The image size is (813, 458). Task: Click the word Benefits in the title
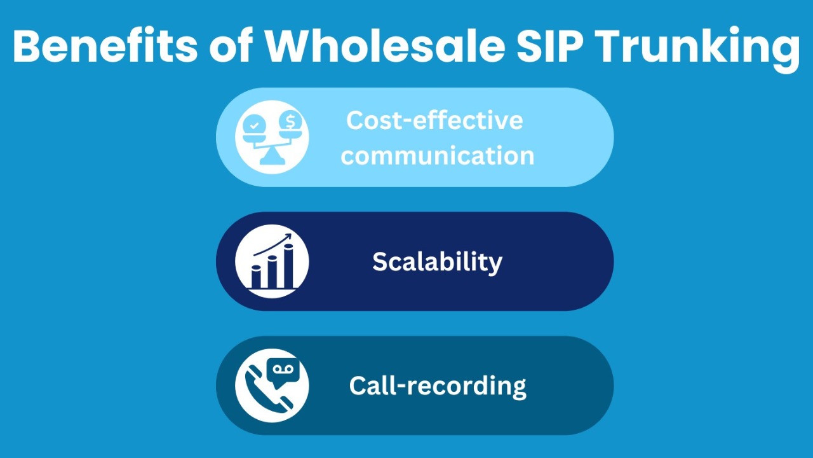[x=105, y=46]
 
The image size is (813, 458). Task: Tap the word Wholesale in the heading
[x=385, y=46]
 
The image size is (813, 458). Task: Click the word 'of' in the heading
[x=231, y=46]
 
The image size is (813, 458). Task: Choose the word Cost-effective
[x=434, y=120]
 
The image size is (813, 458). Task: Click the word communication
[x=438, y=156]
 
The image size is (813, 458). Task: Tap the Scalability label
[x=438, y=262]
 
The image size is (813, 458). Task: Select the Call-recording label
[x=438, y=385]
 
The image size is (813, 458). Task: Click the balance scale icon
[x=272, y=137]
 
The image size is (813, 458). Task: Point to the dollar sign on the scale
[x=290, y=121]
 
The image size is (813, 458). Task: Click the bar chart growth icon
[x=272, y=261]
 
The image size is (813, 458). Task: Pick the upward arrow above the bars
[x=272, y=245]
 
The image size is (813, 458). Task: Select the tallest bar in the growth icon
[x=288, y=265]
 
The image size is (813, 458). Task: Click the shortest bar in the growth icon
[x=256, y=276]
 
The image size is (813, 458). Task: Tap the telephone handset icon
[x=269, y=389]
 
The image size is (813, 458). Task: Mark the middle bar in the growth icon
[x=272, y=271]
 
